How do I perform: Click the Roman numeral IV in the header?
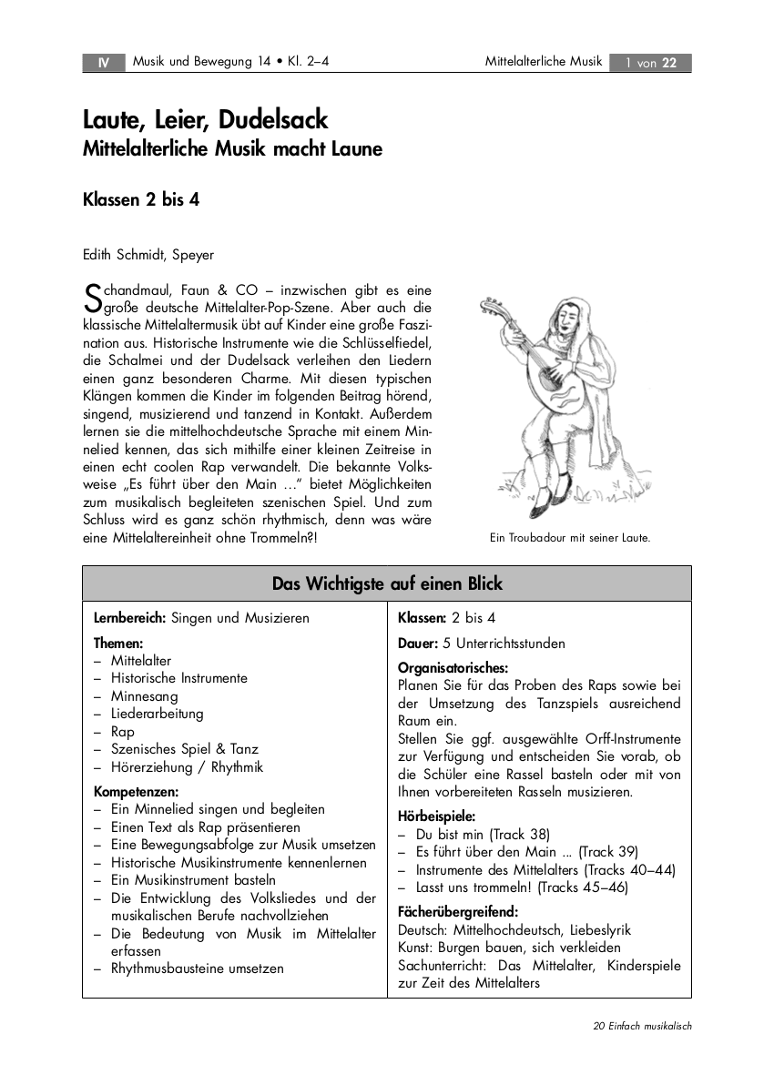[104, 63]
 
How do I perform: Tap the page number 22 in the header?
[669, 63]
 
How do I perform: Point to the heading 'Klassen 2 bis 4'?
[141, 201]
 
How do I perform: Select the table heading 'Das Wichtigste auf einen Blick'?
[387, 583]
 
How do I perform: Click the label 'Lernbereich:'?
[130, 618]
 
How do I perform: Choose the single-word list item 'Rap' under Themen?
[122, 732]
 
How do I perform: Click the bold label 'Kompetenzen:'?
[136, 792]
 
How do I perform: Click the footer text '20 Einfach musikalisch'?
[642, 1026]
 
